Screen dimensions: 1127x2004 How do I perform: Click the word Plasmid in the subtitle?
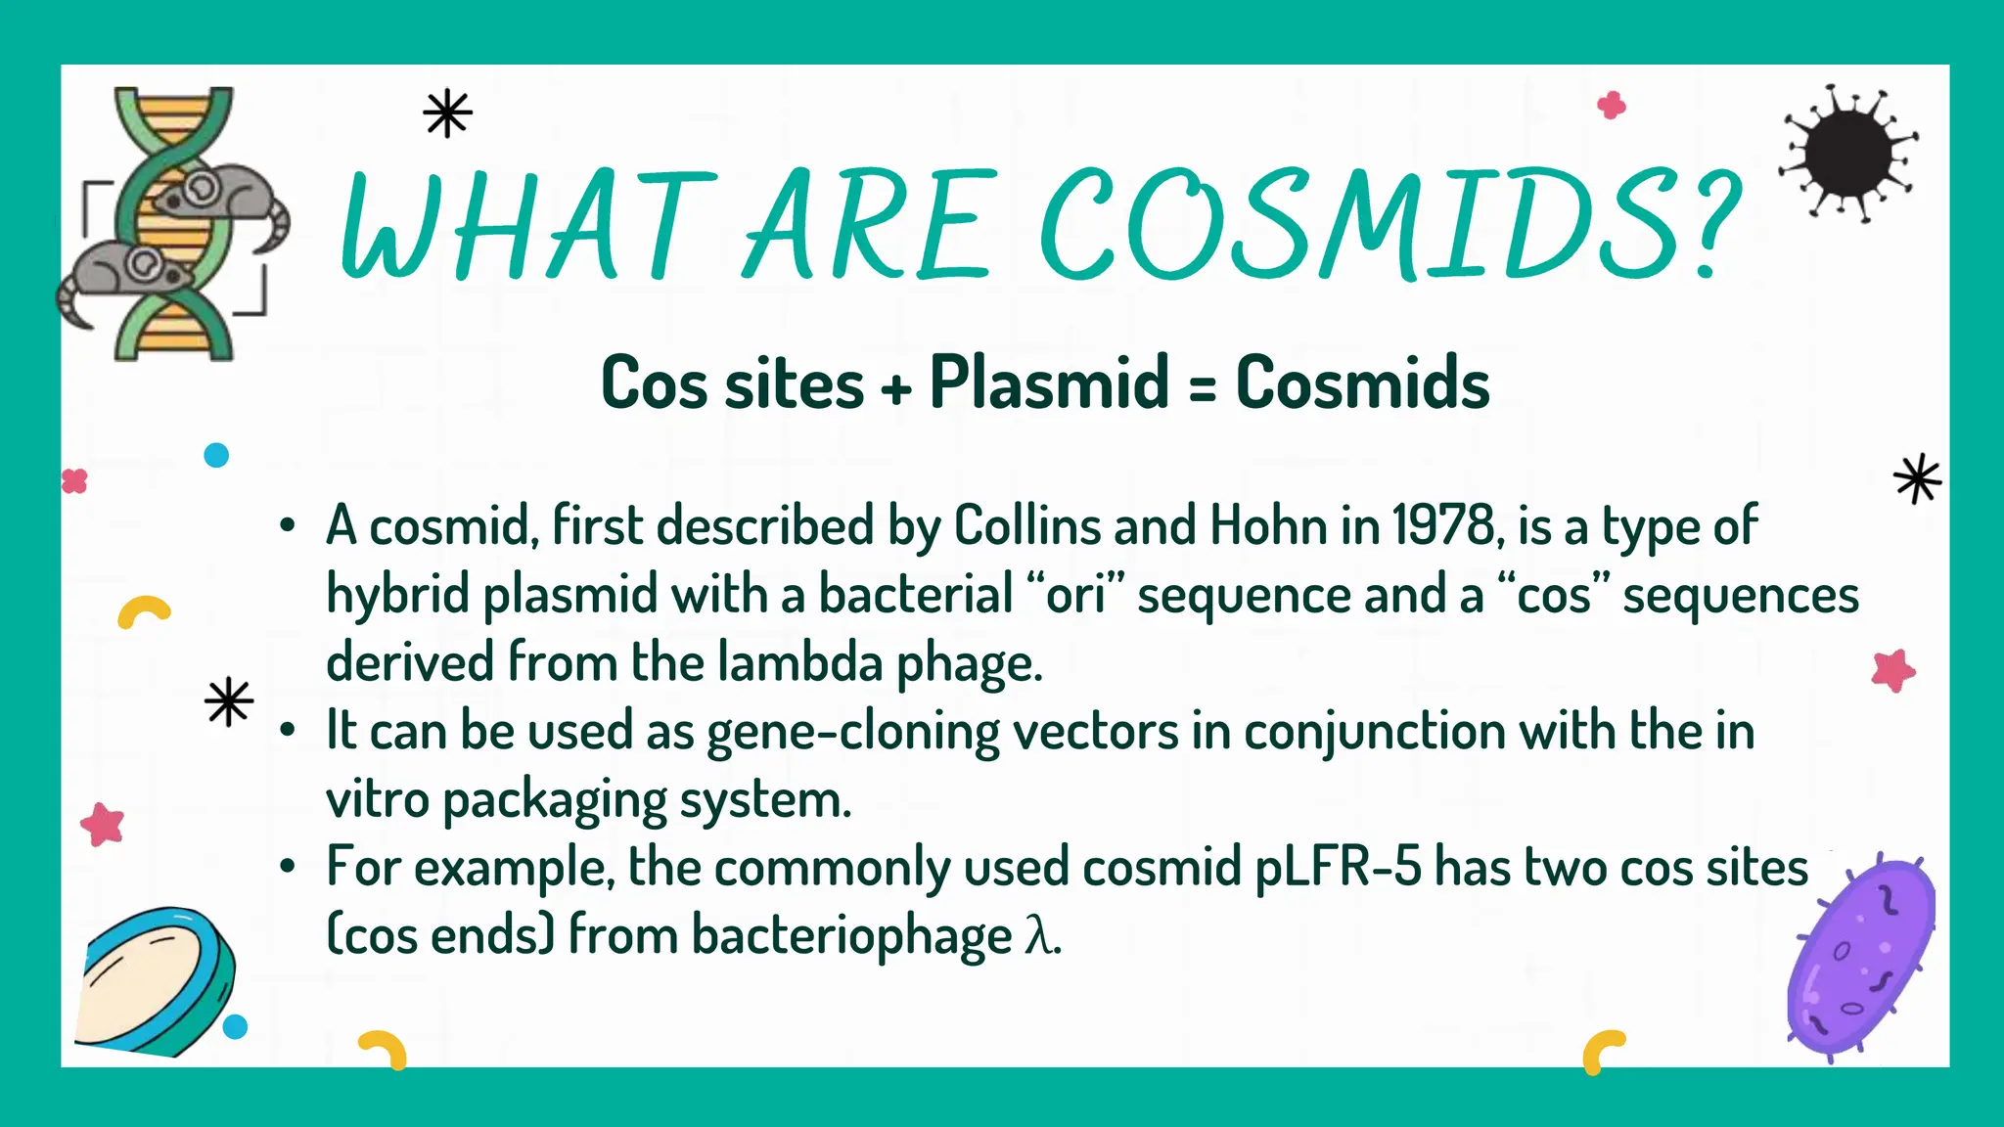(x=1049, y=383)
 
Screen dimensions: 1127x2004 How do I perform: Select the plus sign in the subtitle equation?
(x=895, y=388)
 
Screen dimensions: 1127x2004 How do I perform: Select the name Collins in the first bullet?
(x=1026, y=526)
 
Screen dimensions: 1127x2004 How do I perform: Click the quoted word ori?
(x=1075, y=595)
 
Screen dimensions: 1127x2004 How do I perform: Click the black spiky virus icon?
(x=1847, y=154)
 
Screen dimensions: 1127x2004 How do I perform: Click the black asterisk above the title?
(x=447, y=113)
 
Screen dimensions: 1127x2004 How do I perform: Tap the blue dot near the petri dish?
(x=235, y=1026)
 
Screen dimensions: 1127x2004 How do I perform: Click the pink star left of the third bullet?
(x=103, y=824)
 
